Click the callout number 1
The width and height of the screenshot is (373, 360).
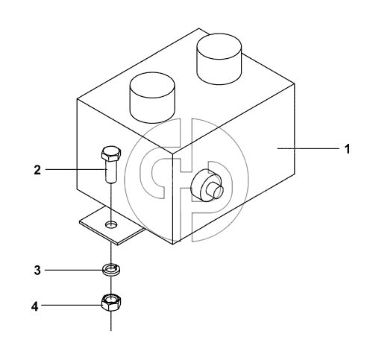(347, 149)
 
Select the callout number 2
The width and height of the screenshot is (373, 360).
(37, 170)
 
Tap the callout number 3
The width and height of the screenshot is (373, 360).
(37, 270)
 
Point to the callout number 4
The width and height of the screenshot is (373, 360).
(35, 306)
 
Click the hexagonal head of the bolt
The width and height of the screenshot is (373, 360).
(111, 154)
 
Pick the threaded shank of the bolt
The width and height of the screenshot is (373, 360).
(110, 171)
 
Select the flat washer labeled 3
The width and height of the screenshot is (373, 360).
(111, 270)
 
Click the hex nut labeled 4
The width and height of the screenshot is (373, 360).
(111, 302)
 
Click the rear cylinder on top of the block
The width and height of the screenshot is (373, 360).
(219, 59)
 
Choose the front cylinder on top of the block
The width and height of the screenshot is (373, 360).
(152, 98)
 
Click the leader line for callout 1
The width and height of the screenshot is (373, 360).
(308, 148)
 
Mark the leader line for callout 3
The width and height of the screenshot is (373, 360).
(74, 270)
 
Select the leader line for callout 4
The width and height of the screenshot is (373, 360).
(72, 305)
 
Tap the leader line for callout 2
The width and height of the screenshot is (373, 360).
(75, 169)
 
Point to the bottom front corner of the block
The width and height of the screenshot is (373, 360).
(173, 244)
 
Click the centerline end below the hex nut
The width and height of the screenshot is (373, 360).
(111, 331)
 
